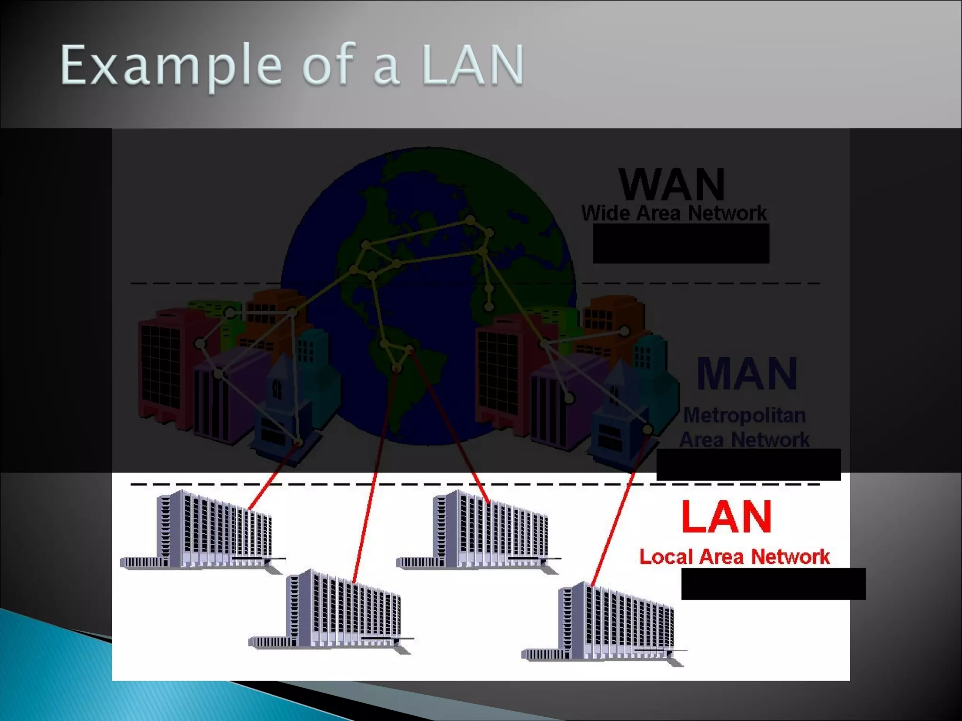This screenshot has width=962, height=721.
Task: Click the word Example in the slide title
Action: click(x=170, y=66)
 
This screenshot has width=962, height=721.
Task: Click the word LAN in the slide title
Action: click(x=473, y=66)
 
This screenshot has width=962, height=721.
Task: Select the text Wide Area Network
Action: click(x=674, y=213)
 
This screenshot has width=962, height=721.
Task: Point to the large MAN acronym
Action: click(x=747, y=374)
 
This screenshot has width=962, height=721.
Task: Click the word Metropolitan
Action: click(x=745, y=415)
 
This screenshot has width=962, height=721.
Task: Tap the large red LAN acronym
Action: click(x=726, y=516)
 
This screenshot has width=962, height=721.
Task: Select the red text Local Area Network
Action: click(x=734, y=557)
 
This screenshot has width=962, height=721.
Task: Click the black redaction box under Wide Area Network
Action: click(x=681, y=243)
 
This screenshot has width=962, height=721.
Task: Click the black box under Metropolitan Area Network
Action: click(x=748, y=464)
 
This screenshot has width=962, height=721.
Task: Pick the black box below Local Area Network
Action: click(x=773, y=583)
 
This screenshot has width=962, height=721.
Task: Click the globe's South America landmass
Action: click(x=404, y=376)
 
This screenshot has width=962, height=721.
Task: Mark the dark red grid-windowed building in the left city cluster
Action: click(x=162, y=366)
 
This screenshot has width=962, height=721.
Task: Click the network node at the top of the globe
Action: click(x=470, y=220)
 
